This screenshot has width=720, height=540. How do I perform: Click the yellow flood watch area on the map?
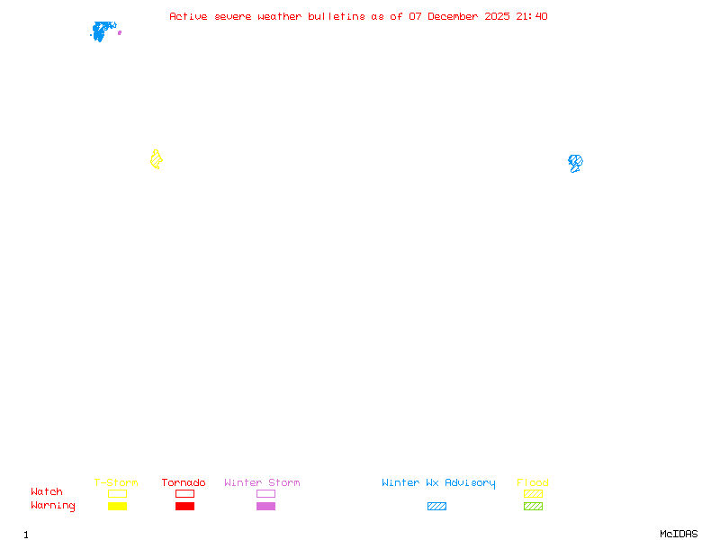coord(156,160)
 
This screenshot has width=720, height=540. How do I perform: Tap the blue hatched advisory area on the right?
coord(575,163)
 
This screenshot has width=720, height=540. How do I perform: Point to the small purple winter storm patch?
coord(120,32)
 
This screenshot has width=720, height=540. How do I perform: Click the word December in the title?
coord(453,16)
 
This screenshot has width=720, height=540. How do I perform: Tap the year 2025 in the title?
coord(497,16)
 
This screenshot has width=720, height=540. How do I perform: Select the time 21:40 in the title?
coord(532,16)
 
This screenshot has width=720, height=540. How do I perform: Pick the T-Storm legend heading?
coord(116,482)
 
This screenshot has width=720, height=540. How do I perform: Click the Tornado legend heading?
coord(184,482)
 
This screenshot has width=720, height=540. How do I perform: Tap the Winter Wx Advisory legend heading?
coord(438,483)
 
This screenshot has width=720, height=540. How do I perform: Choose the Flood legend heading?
coord(533,482)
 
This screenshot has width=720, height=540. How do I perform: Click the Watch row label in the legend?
coord(47,491)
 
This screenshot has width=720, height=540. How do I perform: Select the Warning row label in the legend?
coord(53,506)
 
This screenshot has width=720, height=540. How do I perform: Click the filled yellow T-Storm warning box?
coord(118,507)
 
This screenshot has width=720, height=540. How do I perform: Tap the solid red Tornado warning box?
coord(185,507)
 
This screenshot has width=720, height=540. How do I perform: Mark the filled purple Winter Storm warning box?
coord(265,507)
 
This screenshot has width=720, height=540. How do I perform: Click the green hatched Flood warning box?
coord(533,507)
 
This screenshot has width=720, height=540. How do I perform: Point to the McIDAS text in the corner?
coord(679,534)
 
